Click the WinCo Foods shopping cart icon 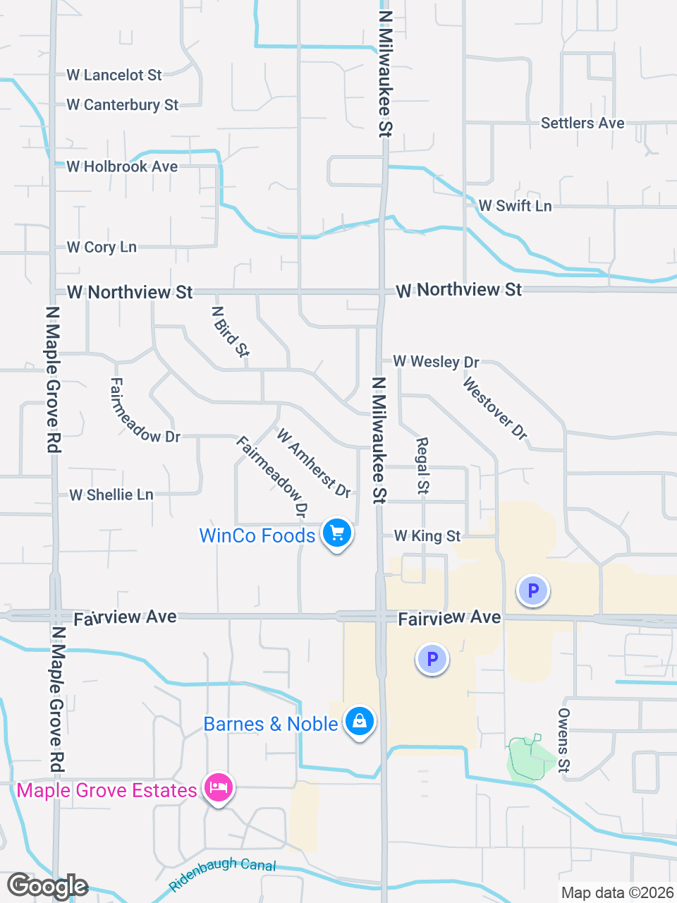337,533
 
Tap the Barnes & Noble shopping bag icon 360,722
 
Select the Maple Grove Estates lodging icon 219,788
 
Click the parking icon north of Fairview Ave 533,590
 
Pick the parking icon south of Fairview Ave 432,659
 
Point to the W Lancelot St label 114,75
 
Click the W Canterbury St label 123,105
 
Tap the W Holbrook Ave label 122,166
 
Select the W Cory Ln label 102,247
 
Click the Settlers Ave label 583,123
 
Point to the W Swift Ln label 515,206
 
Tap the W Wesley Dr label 436,362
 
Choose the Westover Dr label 495,408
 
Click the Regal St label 422,465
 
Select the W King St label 427,536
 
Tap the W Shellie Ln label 111,495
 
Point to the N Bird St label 231,332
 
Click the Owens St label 563,740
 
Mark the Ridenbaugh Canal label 223,873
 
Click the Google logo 47,886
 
